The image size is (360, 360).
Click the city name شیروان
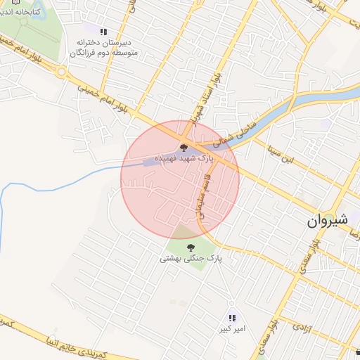[x=328, y=220]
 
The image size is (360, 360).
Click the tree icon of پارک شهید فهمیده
[x=184, y=148]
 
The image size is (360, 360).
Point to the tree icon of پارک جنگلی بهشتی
[x=190, y=247]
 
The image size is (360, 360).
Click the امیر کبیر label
[x=232, y=329]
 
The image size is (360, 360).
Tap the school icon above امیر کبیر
[x=232, y=319]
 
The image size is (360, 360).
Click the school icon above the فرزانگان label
[x=104, y=32]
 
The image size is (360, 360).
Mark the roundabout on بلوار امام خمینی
[x=62, y=72]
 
